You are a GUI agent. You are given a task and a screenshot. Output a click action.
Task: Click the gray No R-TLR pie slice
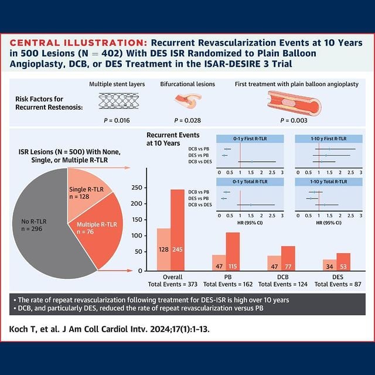click(x=41, y=223)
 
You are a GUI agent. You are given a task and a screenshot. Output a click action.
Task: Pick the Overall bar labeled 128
click(x=163, y=249)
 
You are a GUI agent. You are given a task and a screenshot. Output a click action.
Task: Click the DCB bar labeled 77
click(x=288, y=258)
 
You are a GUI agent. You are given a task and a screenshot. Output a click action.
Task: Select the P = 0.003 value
click(x=294, y=121)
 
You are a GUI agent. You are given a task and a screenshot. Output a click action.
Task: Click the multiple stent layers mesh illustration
click(x=117, y=103)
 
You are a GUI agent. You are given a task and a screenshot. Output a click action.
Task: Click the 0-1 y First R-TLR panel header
click(x=250, y=139)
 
